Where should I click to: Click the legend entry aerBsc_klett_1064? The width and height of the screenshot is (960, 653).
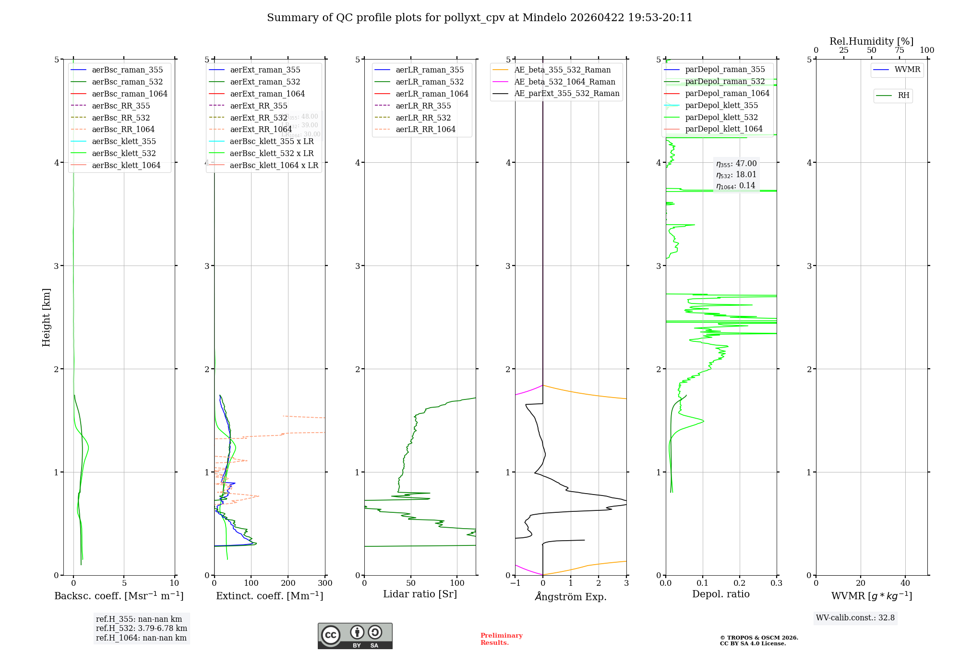coord(126,165)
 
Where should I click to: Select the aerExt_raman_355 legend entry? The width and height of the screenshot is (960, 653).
coord(265,70)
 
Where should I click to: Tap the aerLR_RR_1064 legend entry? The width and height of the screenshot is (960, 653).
coord(425,130)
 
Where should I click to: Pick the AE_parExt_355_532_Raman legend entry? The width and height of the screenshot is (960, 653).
coord(566,94)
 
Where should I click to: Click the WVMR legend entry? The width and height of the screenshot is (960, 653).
coord(907,70)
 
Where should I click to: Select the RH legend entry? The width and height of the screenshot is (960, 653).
coord(903,96)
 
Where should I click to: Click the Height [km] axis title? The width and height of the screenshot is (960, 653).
coord(46,317)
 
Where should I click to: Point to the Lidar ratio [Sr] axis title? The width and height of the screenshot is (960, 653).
coord(420,594)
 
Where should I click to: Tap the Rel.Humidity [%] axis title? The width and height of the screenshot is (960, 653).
coord(871,41)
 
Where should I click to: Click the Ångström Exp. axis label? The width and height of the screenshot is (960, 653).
coord(571,597)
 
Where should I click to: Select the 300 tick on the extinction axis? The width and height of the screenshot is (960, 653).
coord(325,583)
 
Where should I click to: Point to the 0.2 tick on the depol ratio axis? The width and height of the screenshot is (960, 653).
coord(740,583)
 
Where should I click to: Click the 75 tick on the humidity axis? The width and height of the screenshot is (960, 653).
coord(900,50)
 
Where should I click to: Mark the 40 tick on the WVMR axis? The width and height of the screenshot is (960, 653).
coord(905,583)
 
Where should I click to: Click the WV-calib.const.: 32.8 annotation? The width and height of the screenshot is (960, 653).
coord(855,618)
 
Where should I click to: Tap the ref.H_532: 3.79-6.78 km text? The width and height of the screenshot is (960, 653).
coord(142,629)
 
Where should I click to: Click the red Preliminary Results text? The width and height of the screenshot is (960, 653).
coord(501,639)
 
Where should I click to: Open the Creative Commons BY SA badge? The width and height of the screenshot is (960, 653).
coord(355,636)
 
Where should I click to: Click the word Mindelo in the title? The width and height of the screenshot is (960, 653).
coord(544,18)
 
